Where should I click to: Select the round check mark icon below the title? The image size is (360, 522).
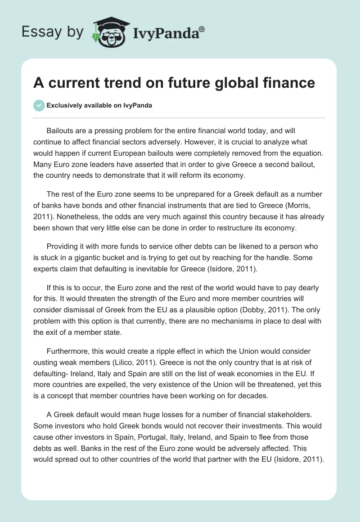pyautogui.click(x=39, y=105)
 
